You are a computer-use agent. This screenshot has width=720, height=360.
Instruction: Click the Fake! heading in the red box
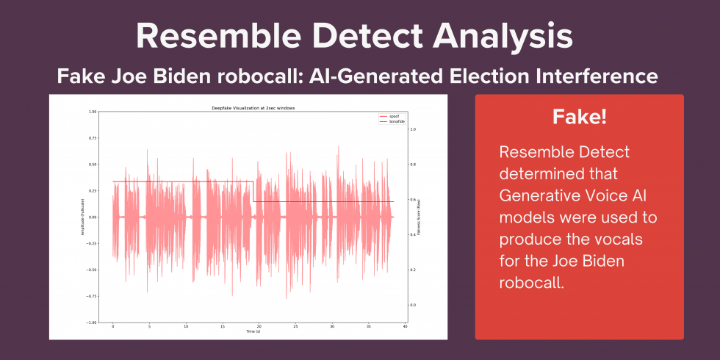coord(579,118)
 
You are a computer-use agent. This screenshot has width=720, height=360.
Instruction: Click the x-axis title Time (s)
coord(253,331)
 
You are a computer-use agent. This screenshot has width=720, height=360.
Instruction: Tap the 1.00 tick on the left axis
coord(93,112)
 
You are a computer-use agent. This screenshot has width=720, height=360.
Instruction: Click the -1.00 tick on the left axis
coord(92,323)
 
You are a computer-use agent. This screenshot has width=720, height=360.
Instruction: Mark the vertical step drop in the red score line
coord(253,192)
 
